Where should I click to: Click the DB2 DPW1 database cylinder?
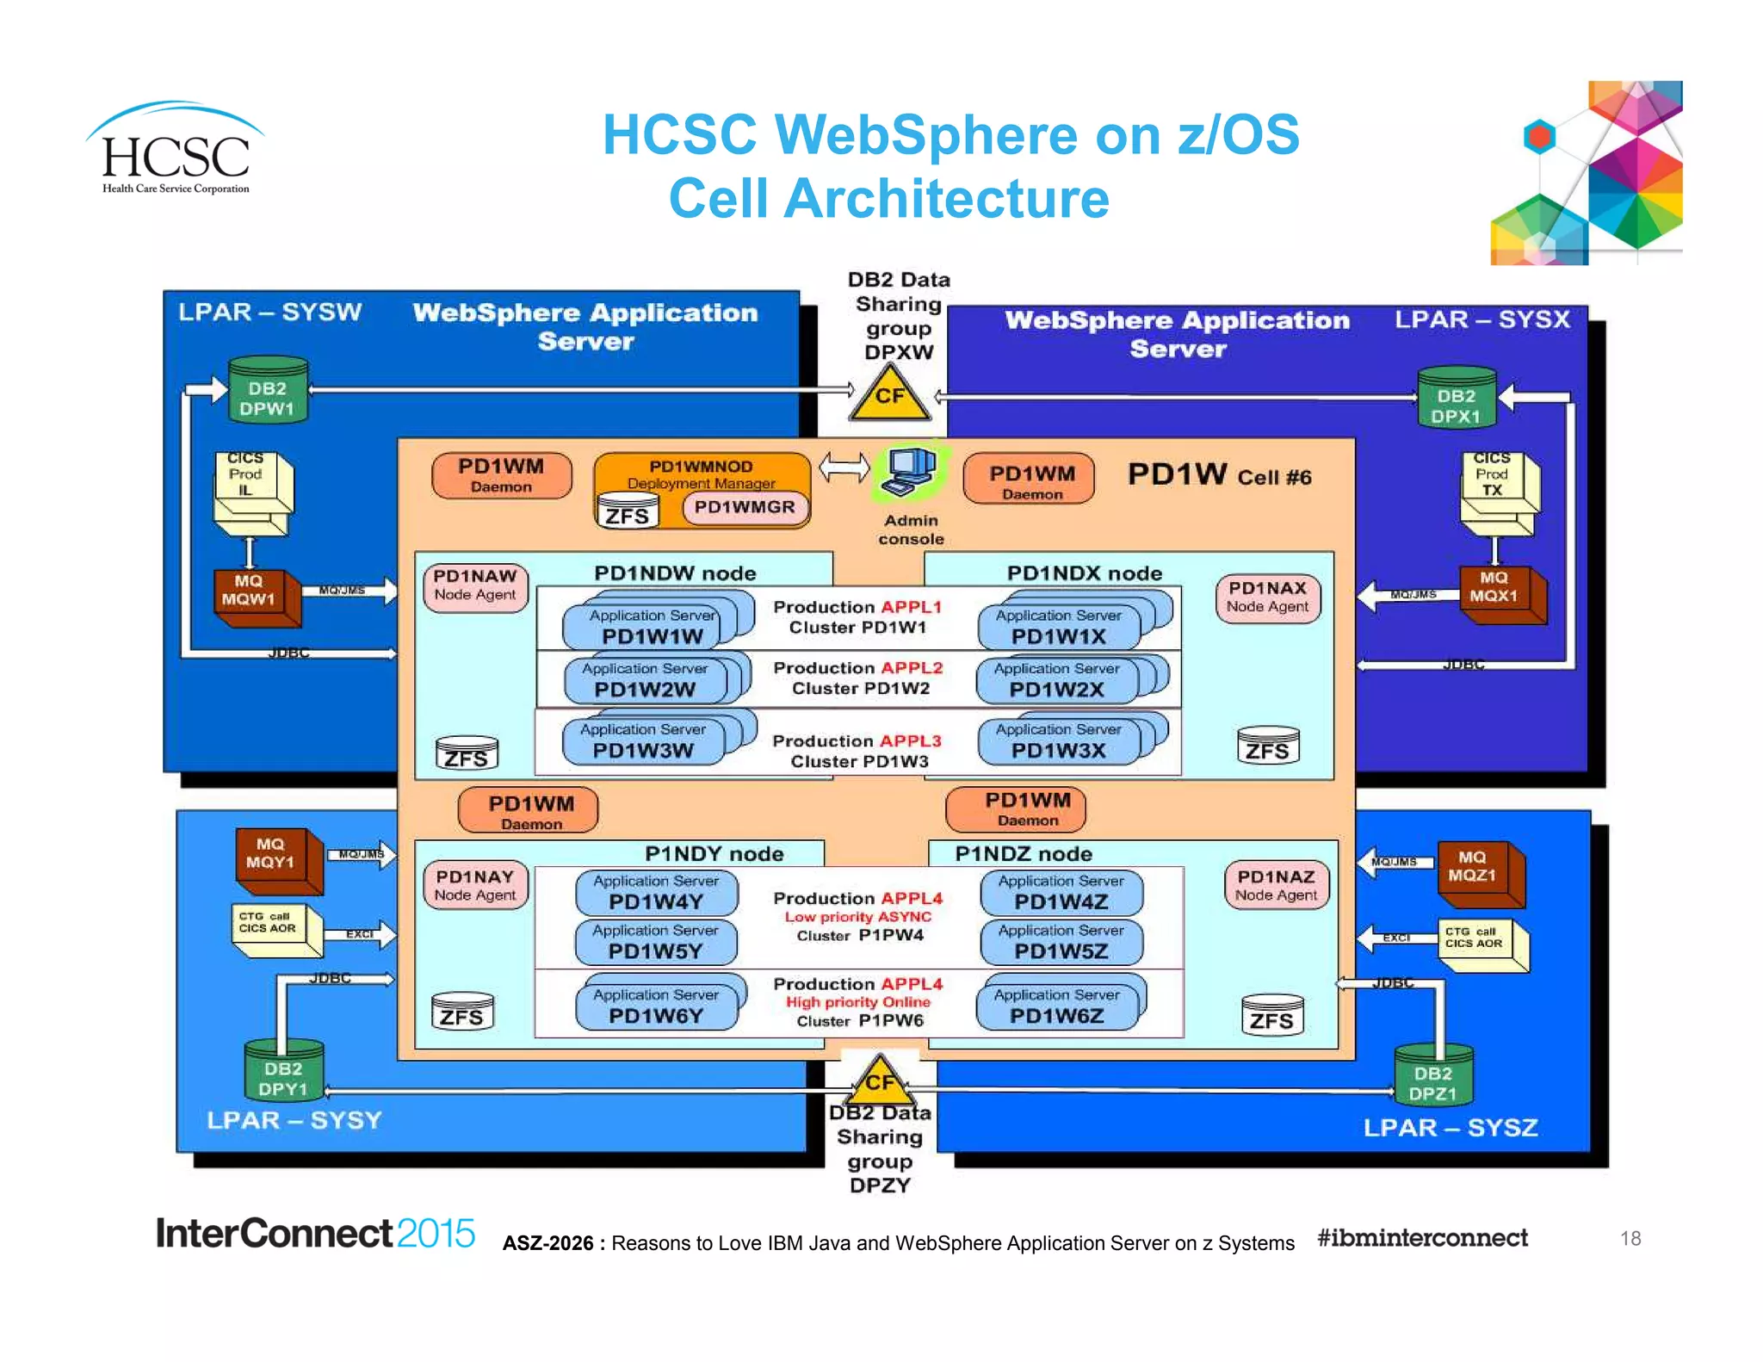tap(268, 391)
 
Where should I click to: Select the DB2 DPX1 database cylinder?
tap(1457, 399)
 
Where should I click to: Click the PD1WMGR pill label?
tap(745, 507)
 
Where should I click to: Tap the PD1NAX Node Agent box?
tap(1267, 597)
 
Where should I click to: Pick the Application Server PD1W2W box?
tap(645, 680)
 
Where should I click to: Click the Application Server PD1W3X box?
tap(1058, 741)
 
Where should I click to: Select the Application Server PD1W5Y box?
tap(655, 942)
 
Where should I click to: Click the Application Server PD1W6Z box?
tap(1057, 1006)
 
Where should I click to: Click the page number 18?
tap(1630, 1238)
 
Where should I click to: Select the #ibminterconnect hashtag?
tap(1422, 1238)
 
